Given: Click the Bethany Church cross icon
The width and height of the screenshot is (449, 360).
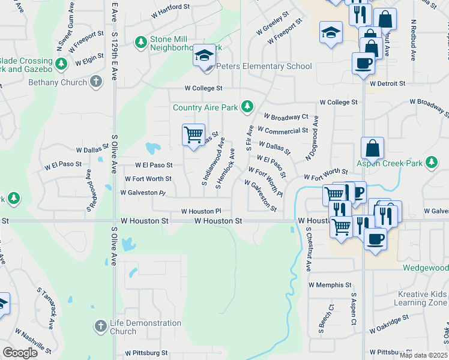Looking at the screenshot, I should (96, 82).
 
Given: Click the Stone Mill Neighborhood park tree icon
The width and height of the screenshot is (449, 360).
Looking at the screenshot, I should (141, 42).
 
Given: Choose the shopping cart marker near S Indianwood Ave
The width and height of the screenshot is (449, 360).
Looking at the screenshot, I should (193, 135).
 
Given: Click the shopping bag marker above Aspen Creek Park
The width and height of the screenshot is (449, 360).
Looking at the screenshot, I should (372, 148).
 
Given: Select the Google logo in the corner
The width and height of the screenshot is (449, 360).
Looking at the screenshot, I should (20, 353).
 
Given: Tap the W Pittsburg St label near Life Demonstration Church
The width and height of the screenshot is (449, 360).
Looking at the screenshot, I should (146, 353).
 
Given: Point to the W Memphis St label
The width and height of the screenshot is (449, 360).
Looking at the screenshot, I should (329, 284).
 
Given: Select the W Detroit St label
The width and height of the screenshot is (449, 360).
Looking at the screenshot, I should (388, 83).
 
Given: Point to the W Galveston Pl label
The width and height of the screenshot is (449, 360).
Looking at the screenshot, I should (142, 193).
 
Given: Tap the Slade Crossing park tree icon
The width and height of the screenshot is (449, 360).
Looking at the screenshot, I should (61, 63).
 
